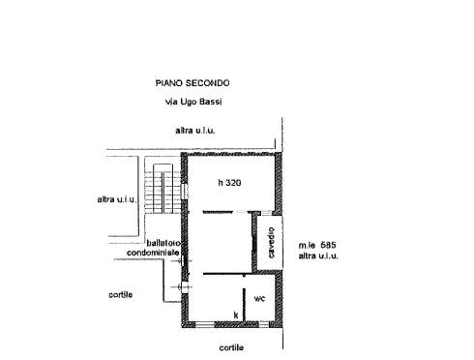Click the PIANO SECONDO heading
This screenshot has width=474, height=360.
(193, 83)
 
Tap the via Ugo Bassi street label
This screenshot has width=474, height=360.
(193, 102)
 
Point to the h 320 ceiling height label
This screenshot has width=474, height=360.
(229, 183)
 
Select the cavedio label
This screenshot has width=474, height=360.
(271, 243)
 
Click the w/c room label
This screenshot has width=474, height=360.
(259, 299)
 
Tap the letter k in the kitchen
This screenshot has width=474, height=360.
(236, 315)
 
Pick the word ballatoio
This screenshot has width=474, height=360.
(163, 243)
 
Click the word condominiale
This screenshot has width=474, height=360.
(153, 253)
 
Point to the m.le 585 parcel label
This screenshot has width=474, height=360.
(317, 245)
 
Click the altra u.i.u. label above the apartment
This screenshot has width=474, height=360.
(195, 131)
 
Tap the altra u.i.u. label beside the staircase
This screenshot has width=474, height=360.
(117, 199)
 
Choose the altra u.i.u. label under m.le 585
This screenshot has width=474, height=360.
(318, 256)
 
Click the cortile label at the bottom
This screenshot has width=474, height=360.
(231, 347)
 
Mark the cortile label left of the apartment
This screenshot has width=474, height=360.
(121, 295)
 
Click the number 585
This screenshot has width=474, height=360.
(328, 245)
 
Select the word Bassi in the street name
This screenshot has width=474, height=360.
(211, 102)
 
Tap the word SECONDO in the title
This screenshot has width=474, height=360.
(208, 83)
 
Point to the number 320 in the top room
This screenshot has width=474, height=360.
(233, 183)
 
